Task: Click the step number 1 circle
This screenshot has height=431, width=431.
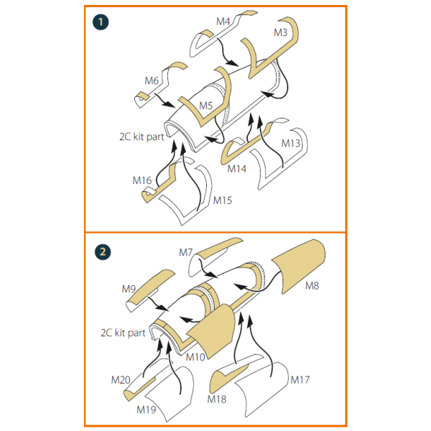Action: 101,22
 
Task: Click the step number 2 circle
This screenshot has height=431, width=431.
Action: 103,252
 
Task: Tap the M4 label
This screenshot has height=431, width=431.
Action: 223,22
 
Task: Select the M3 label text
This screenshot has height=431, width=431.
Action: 280,32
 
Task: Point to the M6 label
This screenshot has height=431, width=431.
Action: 152,80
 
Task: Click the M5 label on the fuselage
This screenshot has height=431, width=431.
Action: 206,106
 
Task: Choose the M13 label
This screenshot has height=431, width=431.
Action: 291,143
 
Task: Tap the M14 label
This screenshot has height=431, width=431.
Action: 236,169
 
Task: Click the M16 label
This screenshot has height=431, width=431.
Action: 142,180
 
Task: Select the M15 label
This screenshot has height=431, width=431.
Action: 223,200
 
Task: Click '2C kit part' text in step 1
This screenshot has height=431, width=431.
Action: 142,136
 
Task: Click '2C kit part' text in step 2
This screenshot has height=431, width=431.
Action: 123,333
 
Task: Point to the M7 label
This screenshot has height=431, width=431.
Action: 186,252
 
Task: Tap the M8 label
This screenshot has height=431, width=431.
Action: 312,286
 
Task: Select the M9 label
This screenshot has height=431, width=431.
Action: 129,289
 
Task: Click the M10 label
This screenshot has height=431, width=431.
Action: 195,357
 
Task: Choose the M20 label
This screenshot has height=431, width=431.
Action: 121,379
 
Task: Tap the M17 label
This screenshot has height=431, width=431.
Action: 300,379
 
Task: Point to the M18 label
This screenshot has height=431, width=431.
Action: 217,399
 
